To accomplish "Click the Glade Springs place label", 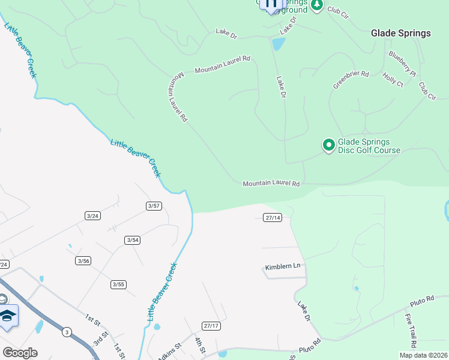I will pos(401,33).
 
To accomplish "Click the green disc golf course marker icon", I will pos(328,145).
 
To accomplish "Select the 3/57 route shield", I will pos(154,206).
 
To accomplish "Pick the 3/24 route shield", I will pos(92,215).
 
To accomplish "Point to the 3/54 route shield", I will pos(133,240).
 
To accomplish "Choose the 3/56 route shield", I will pos(83,260).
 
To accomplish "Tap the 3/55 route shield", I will pos(118,284).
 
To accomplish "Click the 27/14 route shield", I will pos(273,217).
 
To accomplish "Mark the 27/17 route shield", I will pos(211,325).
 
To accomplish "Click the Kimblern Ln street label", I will pos(282,267).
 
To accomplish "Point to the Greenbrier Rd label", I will pos(351,80).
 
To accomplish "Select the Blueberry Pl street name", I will pos(402,64).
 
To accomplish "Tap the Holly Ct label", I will pos(393,80).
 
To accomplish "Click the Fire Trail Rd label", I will pos(411,331).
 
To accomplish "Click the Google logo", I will pos(20,353).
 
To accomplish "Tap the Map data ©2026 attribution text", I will pos(423,355).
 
